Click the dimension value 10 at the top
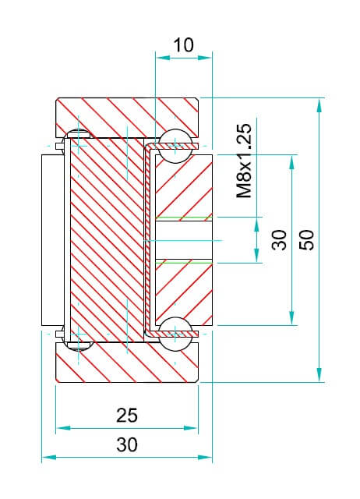(x=183, y=45)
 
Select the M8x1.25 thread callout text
(x=244, y=161)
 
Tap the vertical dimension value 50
(x=307, y=239)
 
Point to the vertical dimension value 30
(x=280, y=239)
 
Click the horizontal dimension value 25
(x=127, y=416)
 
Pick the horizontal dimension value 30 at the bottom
(x=127, y=444)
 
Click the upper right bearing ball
(x=175, y=146)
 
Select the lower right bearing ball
(x=175, y=334)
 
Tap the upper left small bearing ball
(x=78, y=134)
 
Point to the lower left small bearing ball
(x=78, y=345)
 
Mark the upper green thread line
(x=184, y=218)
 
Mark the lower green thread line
(x=184, y=262)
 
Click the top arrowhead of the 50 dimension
(x=319, y=105)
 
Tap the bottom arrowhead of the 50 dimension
(x=319, y=374)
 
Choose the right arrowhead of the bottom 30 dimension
(x=205, y=458)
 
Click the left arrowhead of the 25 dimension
(x=63, y=428)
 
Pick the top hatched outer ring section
(x=127, y=117)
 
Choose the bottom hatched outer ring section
(x=127, y=362)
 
